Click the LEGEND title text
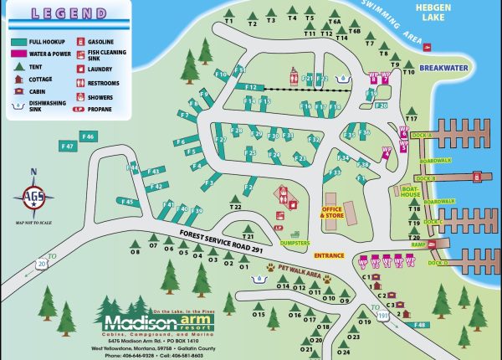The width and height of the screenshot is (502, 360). point(57,14)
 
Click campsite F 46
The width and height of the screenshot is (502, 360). point(87,136)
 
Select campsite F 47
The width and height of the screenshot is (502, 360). point(69,147)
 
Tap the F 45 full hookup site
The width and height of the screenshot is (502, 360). point(127,201)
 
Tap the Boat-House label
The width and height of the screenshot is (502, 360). point(410,192)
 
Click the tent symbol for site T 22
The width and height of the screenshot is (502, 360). point(236,198)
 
